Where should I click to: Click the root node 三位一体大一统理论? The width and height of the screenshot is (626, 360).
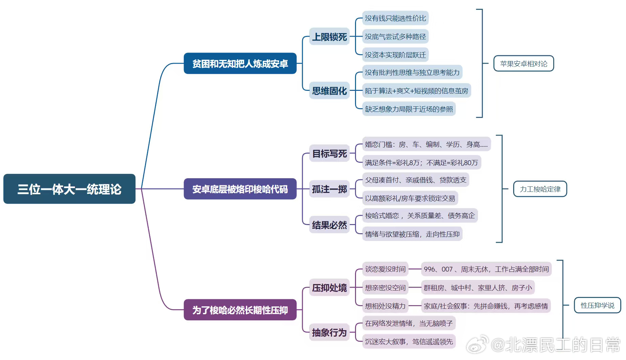[x=69, y=189]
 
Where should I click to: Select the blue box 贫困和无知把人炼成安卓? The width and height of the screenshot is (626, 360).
[x=240, y=63]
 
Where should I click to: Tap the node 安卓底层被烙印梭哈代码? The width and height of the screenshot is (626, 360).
[x=240, y=189]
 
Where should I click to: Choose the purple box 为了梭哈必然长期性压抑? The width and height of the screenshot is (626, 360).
[x=240, y=310]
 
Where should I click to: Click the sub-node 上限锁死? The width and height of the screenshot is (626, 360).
[x=329, y=37]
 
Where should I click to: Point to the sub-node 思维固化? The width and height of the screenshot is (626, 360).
[x=329, y=91]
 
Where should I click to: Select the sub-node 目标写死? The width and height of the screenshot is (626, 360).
[x=329, y=154]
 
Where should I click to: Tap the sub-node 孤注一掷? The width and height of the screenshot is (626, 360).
[x=329, y=189]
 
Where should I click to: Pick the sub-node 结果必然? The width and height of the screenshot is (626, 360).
[x=329, y=225]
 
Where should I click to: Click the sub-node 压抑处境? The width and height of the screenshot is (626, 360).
[x=329, y=288]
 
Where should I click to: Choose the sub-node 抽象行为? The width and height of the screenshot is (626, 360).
[x=329, y=333]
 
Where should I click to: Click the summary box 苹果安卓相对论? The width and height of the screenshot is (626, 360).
[x=523, y=64]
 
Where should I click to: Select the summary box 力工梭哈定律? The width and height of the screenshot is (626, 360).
[x=540, y=189]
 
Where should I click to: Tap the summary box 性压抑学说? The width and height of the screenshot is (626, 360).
[x=597, y=305]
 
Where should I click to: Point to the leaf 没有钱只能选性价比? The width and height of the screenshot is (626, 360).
[x=395, y=18]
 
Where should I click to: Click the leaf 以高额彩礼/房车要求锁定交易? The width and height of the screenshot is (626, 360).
[x=410, y=198]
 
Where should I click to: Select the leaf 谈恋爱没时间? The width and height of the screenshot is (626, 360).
[x=385, y=269]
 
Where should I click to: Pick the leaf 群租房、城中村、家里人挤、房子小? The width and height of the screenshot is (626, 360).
[x=478, y=288]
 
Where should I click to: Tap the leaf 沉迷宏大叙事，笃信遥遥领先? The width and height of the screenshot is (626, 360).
[x=409, y=342]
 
